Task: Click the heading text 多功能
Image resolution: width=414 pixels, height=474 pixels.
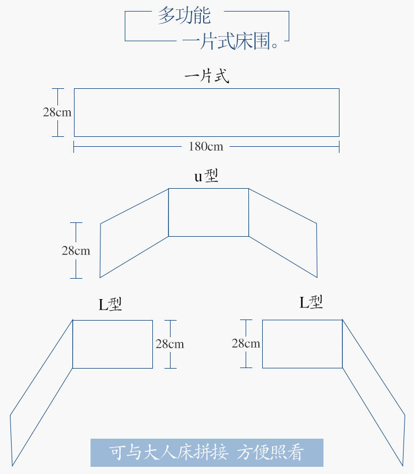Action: click(x=184, y=15)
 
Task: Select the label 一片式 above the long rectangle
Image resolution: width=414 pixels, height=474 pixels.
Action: click(x=206, y=76)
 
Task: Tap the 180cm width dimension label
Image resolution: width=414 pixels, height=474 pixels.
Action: click(x=206, y=146)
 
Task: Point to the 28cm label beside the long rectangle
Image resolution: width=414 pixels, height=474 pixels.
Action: click(x=57, y=112)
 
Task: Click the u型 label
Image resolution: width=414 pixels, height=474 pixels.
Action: click(x=206, y=176)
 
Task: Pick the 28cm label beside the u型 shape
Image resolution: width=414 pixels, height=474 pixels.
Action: click(x=76, y=251)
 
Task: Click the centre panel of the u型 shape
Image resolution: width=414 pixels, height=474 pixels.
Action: click(x=208, y=212)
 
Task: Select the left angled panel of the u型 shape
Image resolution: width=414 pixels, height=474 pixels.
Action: click(x=134, y=232)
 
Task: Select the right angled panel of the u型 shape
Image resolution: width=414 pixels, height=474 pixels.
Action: click(x=283, y=232)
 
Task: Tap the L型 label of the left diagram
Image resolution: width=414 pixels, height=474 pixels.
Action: click(x=110, y=305)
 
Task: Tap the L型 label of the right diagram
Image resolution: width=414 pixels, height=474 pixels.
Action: click(x=311, y=302)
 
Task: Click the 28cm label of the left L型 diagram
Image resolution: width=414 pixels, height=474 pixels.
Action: click(x=169, y=344)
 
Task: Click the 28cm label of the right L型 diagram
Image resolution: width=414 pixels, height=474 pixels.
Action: click(x=246, y=343)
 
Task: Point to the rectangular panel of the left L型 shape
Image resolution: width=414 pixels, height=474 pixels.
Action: click(x=113, y=344)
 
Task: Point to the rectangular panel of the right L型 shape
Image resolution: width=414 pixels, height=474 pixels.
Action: click(x=302, y=343)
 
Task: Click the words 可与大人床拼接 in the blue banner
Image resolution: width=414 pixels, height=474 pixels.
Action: click(x=168, y=453)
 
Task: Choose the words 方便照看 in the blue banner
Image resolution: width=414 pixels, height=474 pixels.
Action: click(x=270, y=453)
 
